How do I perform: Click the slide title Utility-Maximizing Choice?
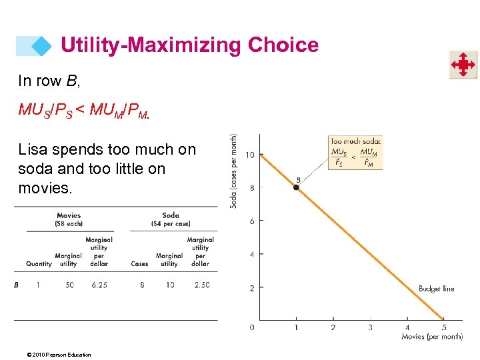pyautogui.click(x=189, y=45)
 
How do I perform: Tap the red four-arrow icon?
pyautogui.click(x=462, y=65)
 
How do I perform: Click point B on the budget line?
pyautogui.click(x=297, y=187)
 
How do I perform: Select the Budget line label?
pyautogui.click(x=436, y=289)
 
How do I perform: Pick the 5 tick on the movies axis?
pyautogui.click(x=444, y=327)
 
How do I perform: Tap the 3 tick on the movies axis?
pyautogui.click(x=370, y=327)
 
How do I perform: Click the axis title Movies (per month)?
pyautogui.click(x=432, y=337)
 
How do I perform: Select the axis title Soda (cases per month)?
pyautogui.click(x=235, y=171)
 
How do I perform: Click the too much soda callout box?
pyautogui.click(x=355, y=153)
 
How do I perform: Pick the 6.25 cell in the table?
pyautogui.click(x=99, y=285)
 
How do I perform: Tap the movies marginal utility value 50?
pyautogui.click(x=69, y=285)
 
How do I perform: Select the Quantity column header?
pyautogui.click(x=39, y=264)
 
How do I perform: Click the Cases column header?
pyautogui.click(x=139, y=264)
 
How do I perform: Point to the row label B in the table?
pyautogui.click(x=16, y=285)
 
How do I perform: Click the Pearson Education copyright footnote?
pyautogui.click(x=55, y=354)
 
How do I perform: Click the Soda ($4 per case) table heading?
pyautogui.click(x=169, y=219)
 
